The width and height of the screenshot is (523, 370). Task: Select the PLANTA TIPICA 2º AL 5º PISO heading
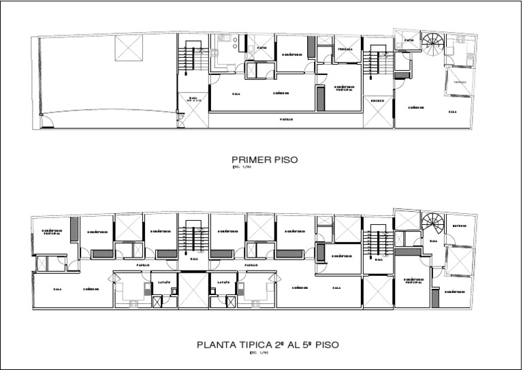pyautogui.click(x=268, y=345)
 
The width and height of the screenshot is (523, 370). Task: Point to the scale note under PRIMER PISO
pyautogui.click(x=242, y=167)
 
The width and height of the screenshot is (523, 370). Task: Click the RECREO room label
pyautogui.click(x=378, y=101)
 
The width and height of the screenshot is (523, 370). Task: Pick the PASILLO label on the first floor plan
pyautogui.click(x=287, y=119)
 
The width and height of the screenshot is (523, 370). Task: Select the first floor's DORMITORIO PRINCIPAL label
pyautogui.click(x=344, y=88)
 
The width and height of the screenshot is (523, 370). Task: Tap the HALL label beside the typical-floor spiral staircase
pyautogui.click(x=433, y=241)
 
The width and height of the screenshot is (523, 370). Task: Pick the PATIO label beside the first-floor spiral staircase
pyautogui.click(x=408, y=40)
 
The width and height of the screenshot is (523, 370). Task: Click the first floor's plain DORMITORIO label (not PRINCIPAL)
pyautogui.click(x=291, y=55)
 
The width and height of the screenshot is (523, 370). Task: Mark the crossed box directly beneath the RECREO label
pyautogui.click(x=378, y=117)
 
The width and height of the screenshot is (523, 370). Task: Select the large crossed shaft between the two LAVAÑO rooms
pyautogui.click(x=193, y=291)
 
